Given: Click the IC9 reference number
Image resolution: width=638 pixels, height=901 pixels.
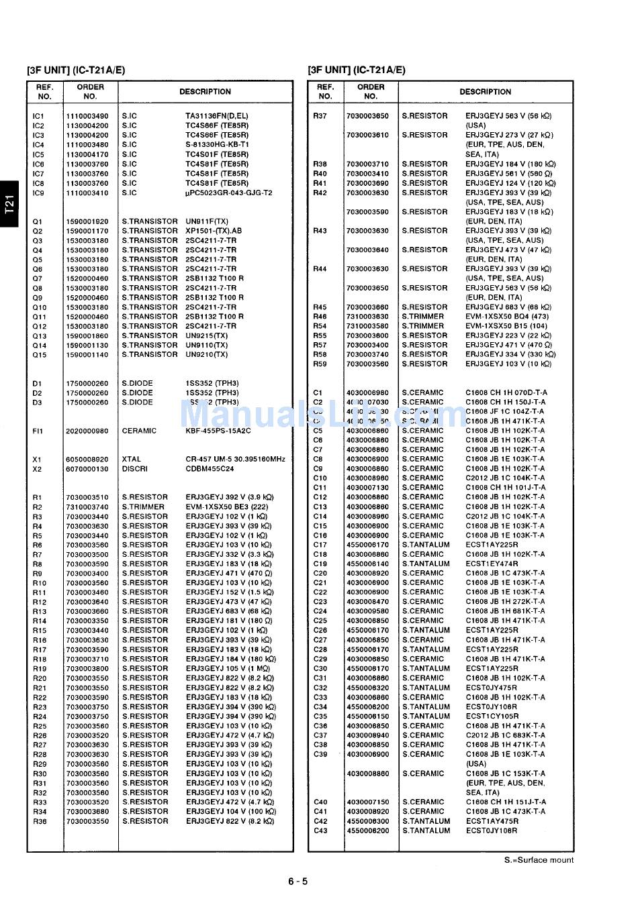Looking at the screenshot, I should tap(38, 193).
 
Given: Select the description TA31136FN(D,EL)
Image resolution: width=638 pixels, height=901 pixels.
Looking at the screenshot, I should tap(216, 116).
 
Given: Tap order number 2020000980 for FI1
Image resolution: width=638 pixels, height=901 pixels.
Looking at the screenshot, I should tap(87, 431).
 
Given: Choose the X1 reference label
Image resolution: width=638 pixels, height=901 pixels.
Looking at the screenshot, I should tap(37, 460).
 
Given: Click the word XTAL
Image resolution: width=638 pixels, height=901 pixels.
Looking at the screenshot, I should tap(132, 460).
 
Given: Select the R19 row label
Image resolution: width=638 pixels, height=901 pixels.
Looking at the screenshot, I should tap(40, 669).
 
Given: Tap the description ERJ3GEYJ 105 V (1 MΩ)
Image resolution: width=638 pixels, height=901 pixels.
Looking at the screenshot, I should tap(228, 669).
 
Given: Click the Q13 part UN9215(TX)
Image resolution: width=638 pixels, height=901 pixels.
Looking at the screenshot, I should tap(207, 335).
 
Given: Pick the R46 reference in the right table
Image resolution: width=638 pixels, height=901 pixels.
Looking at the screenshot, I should tap(320, 317).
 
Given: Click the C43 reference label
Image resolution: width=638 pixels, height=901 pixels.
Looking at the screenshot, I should tap(320, 831).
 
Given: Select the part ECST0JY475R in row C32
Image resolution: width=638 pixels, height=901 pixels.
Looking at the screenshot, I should tap(491, 688).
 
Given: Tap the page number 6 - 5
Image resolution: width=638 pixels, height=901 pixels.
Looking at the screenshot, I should tap(297, 882).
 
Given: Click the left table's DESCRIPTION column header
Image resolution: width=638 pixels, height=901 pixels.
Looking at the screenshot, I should tap(205, 92).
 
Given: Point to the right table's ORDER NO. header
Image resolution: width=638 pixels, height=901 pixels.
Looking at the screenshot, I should tap(371, 91).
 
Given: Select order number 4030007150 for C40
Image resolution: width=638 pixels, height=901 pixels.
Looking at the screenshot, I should tap(367, 802).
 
